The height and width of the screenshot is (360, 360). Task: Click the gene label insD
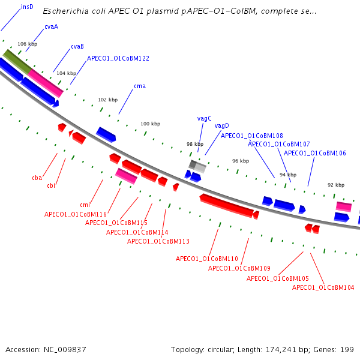(27, 7)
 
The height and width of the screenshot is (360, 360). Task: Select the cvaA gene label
(51, 27)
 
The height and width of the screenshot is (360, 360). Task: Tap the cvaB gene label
(77, 46)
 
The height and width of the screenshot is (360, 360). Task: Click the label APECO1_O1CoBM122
(118, 58)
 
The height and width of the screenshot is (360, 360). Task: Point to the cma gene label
(140, 86)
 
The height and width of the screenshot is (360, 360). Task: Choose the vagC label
(205, 118)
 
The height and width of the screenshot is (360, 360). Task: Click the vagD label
(222, 125)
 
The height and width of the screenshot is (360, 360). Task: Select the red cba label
(37, 178)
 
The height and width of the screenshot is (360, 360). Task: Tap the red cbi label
(52, 185)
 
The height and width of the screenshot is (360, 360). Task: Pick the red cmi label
(85, 205)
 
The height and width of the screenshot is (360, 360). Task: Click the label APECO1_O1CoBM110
(207, 259)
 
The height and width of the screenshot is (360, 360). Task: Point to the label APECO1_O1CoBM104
(323, 287)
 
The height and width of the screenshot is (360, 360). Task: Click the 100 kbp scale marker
(151, 124)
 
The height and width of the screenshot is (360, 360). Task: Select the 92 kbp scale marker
(336, 185)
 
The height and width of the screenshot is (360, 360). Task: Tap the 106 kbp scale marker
(27, 44)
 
